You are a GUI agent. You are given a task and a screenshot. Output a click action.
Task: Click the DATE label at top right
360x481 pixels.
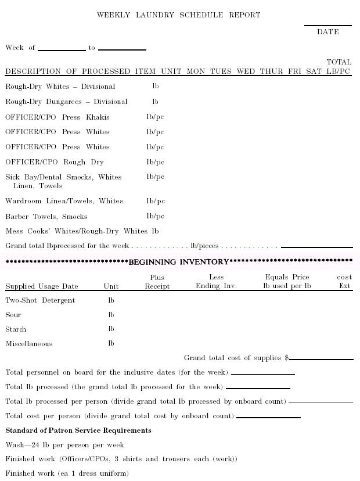pyautogui.click(x=327, y=32)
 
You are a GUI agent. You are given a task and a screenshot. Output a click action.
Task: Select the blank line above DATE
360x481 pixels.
pyautogui.click(x=327, y=26)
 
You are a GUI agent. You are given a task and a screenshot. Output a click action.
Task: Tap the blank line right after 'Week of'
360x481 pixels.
pyautogui.click(x=62, y=50)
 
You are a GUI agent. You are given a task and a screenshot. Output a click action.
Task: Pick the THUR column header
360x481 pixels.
pyautogui.click(x=271, y=71)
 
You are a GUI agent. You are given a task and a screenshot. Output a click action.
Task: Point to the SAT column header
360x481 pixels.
pyautogui.click(x=314, y=71)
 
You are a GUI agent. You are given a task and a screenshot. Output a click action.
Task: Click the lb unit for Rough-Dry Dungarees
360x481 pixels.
pyautogui.click(x=156, y=102)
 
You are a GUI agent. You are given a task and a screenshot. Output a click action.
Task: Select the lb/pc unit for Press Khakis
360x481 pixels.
pyautogui.click(x=155, y=117)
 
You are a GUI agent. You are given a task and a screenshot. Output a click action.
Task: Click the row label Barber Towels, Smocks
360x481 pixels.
pyautogui.click(x=46, y=217)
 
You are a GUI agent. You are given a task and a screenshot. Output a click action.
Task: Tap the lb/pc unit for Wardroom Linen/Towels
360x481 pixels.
pyautogui.click(x=156, y=201)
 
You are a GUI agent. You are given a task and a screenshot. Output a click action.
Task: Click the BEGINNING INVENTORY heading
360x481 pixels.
pyautogui.click(x=179, y=262)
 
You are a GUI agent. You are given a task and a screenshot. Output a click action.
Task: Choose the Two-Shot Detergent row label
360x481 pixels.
pyautogui.click(x=40, y=300)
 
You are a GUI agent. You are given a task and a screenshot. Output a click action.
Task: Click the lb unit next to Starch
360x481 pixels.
pyautogui.click(x=111, y=329)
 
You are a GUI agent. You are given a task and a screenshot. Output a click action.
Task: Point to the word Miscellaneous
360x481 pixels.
pyautogui.click(x=29, y=344)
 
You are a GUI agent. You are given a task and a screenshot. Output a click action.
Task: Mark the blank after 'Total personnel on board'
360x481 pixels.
pyautogui.click(x=262, y=374)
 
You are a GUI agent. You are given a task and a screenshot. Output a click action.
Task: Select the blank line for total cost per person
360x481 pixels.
pyautogui.click(x=268, y=417)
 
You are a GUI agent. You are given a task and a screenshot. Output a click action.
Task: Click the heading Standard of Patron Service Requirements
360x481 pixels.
pyautogui.click(x=78, y=430)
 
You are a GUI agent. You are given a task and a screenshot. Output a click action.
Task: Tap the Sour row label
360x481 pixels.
pyautogui.click(x=13, y=315)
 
